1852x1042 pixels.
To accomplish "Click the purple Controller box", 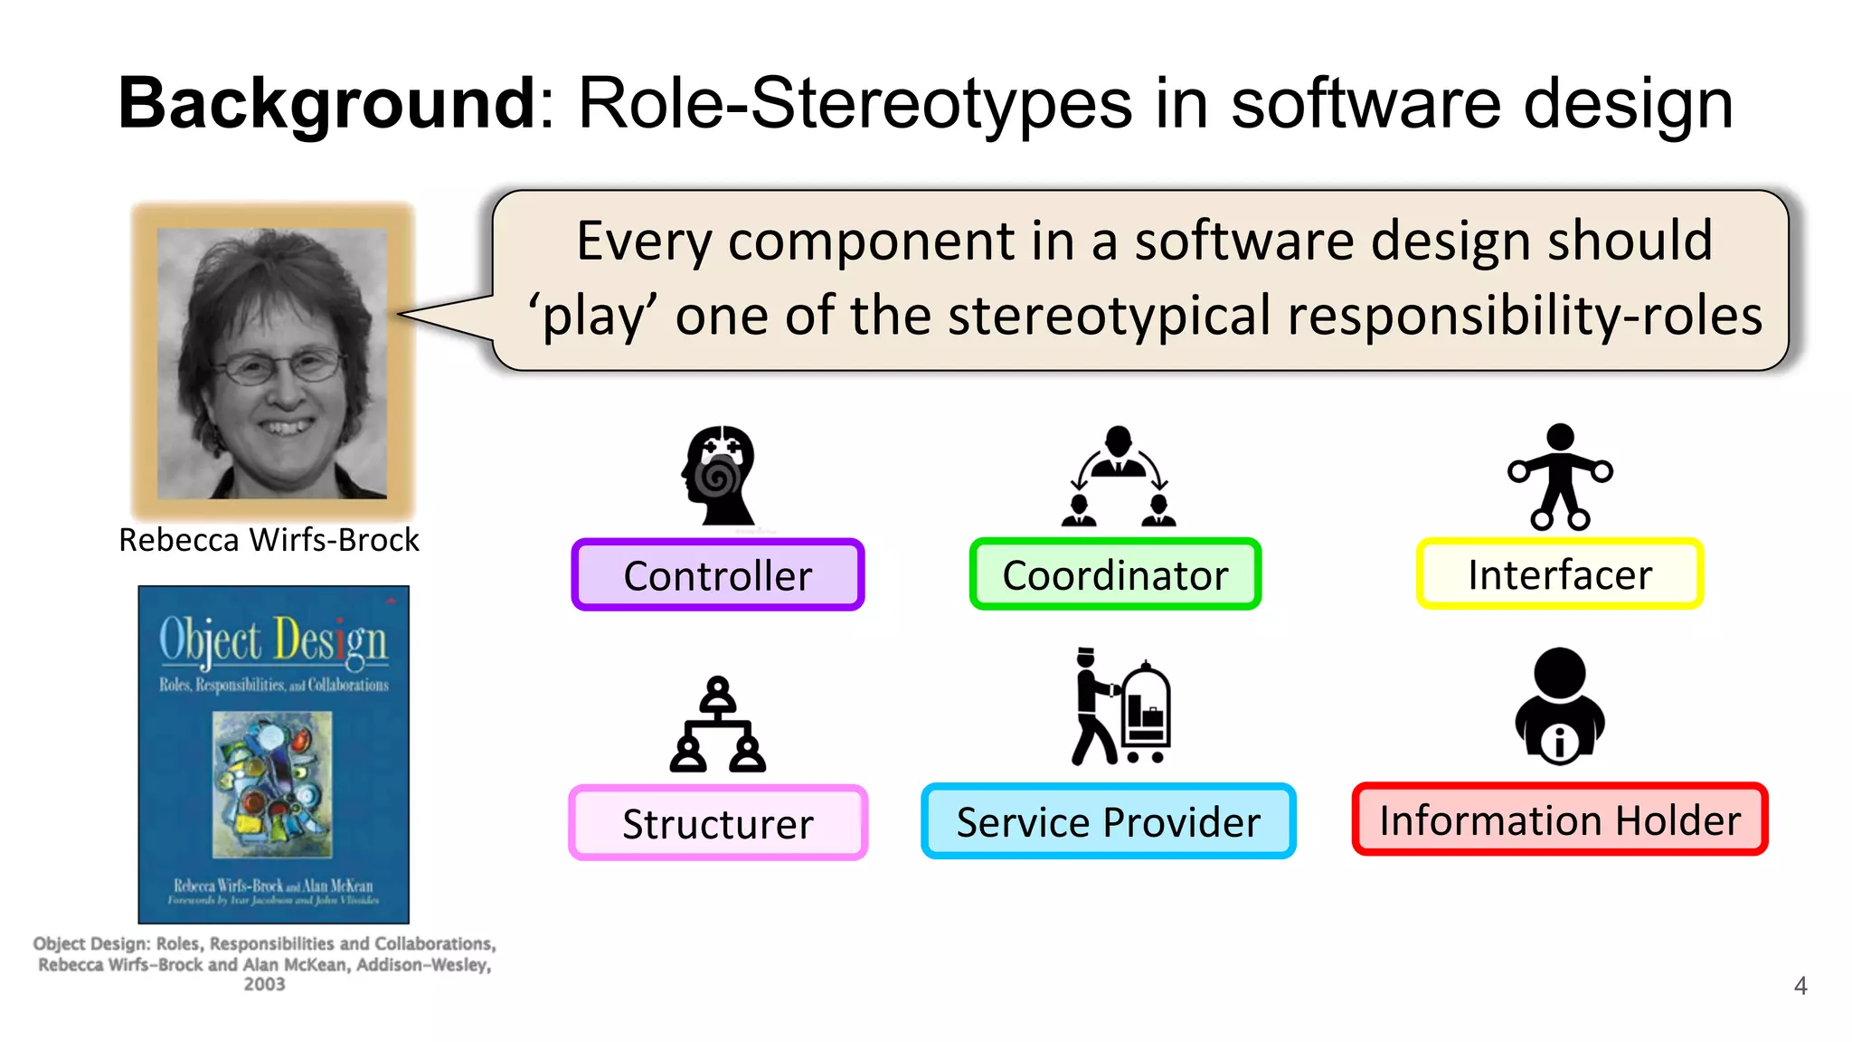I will (x=717, y=575).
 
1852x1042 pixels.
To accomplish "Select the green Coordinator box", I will (x=1114, y=575).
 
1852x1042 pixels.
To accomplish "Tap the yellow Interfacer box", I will (x=1559, y=574).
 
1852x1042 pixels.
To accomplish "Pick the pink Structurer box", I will (x=717, y=823).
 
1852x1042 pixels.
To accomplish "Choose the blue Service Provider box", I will (x=1108, y=821).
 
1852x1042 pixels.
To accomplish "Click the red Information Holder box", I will (x=1559, y=819).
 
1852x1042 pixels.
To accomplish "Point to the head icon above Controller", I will (x=719, y=475).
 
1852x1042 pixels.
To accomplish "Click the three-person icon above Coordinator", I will (x=1119, y=477).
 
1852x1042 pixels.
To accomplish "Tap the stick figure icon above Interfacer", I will (x=1560, y=476).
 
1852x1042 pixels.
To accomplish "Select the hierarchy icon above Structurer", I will (x=718, y=725).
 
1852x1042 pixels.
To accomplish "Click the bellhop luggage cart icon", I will (x=1121, y=706).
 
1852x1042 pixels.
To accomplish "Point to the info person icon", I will (x=1559, y=706).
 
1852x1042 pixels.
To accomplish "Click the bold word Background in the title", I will (x=328, y=103).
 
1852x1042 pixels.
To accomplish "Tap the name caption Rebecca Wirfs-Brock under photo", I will (x=269, y=540).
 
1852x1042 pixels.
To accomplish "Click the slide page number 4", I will (x=1800, y=986).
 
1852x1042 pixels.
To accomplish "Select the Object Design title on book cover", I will (x=273, y=640).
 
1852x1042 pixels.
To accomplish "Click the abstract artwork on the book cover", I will (x=272, y=784).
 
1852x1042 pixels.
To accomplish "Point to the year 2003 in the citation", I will (x=264, y=984).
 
